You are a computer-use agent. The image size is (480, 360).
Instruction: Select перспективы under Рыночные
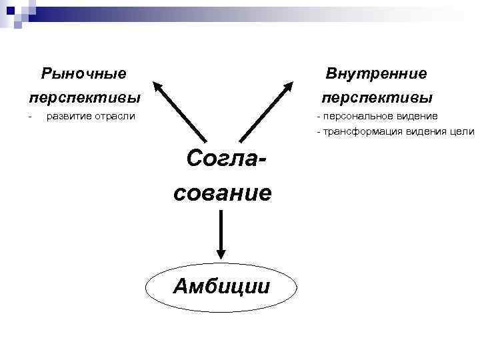pos(85,97)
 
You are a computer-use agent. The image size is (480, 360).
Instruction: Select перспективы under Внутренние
pos(377,97)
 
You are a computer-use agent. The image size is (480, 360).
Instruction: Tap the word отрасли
pos(113,117)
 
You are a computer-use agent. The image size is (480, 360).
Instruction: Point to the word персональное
pos(359,117)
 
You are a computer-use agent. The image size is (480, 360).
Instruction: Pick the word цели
pos(462,132)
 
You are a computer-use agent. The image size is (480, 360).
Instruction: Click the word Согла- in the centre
pos(226,159)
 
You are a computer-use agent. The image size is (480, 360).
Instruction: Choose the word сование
pos(223,193)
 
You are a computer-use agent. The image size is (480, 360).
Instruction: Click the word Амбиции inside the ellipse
pos(221,286)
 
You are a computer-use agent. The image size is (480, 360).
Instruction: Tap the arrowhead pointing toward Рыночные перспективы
pos(158,87)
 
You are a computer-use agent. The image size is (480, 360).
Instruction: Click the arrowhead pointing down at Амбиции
pos(221,253)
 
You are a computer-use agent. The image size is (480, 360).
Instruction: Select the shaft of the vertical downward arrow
pos(221,230)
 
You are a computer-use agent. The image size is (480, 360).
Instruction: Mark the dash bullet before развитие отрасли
pos(29,117)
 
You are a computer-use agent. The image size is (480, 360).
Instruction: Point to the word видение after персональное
pos(417,117)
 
